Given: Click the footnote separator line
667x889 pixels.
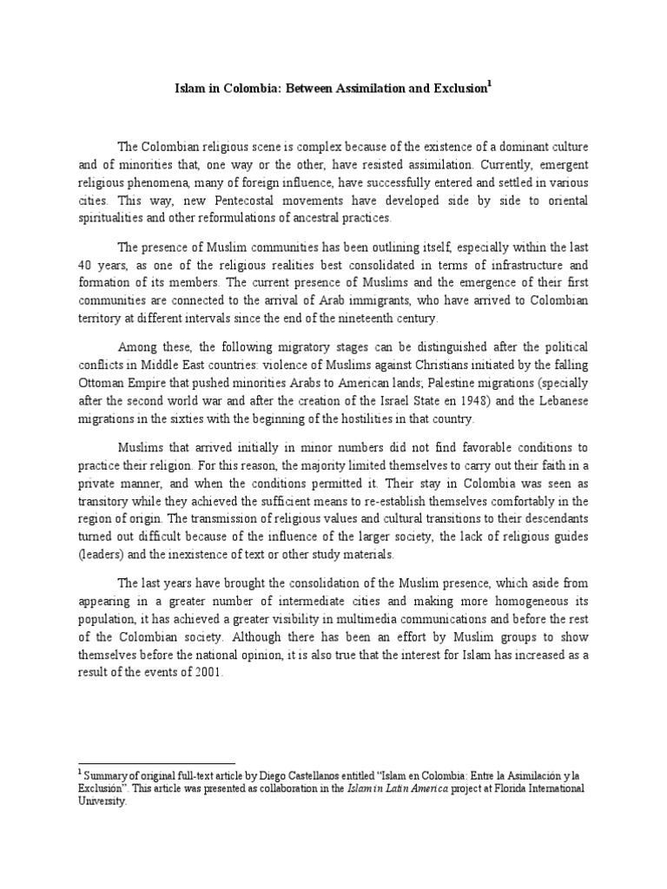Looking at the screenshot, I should [x=156, y=762].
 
